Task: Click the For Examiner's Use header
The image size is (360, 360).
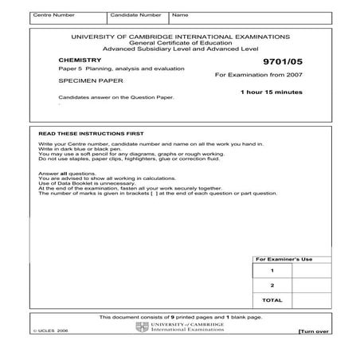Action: pyautogui.click(x=284, y=260)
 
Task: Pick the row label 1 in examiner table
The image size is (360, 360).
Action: pyautogui.click(x=272, y=271)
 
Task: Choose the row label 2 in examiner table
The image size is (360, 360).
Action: pyautogui.click(x=272, y=285)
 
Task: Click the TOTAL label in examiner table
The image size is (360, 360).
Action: pyautogui.click(x=272, y=300)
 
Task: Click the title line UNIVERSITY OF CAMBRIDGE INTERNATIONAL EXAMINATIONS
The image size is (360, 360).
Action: pyautogui.click(x=180, y=37)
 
